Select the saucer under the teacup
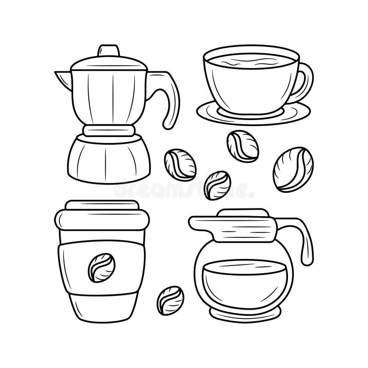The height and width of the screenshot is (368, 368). coord(253,113)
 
